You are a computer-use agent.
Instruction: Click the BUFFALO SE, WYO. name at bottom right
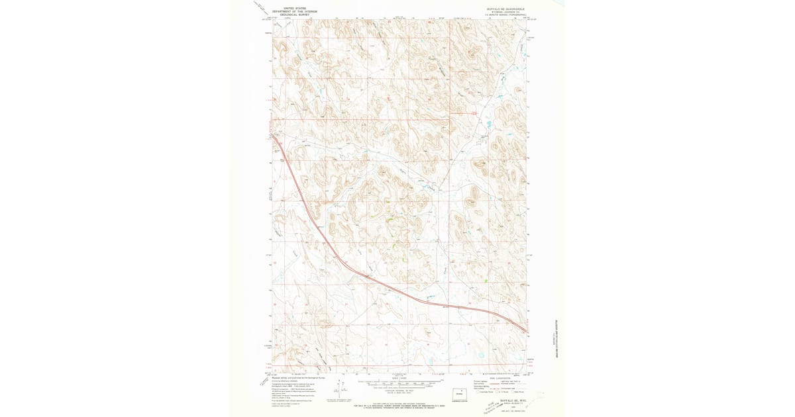513,400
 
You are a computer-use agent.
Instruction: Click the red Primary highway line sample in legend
490,381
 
